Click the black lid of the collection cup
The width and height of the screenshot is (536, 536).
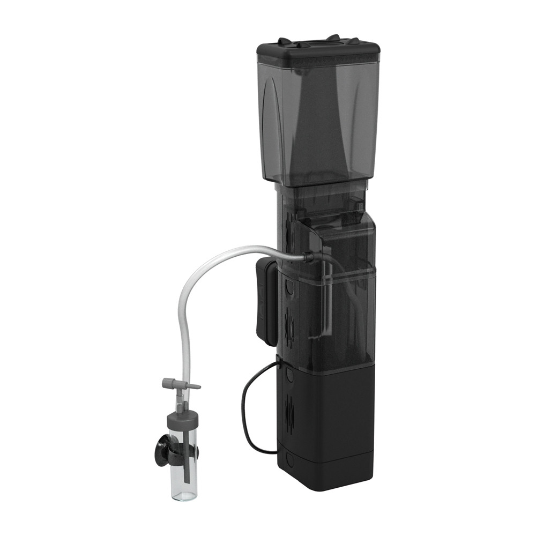click(x=317, y=53)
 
